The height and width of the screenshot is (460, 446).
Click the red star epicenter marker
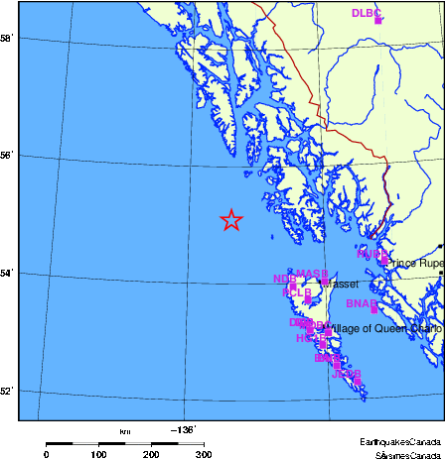(230, 220)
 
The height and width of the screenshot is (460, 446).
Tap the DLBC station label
(366, 13)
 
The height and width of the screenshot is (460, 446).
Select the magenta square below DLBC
(377, 20)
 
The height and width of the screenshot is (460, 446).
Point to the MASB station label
(312, 274)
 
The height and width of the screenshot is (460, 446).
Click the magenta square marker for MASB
(325, 282)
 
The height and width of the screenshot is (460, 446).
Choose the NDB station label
(283, 280)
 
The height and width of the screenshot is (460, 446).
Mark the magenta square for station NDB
(292, 286)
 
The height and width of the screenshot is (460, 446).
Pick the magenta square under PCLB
(308, 299)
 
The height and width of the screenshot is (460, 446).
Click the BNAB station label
(361, 303)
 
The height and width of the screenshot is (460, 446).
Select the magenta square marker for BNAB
(373, 310)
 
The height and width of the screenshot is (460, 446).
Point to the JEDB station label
(346, 374)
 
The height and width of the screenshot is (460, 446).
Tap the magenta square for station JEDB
(357, 381)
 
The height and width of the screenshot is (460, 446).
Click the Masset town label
(344, 285)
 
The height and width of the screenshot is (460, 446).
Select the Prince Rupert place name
(417, 264)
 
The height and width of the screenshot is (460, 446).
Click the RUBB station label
(372, 254)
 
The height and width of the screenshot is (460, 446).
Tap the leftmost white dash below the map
(85, 443)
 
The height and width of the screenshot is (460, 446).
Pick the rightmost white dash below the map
(191, 443)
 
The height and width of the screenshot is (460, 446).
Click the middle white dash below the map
(138, 443)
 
